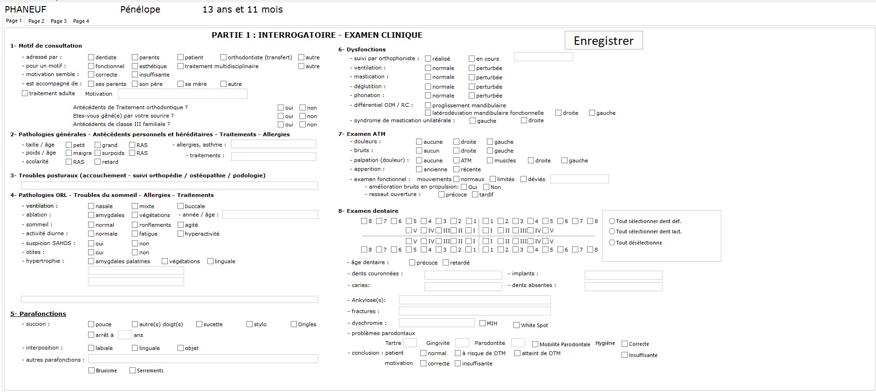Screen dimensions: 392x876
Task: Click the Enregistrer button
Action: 603,41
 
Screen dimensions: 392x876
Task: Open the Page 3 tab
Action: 59,21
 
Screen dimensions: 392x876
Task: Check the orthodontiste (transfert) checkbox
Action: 224,57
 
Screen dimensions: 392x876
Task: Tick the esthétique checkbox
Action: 135,66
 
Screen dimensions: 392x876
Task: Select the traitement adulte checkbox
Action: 25,93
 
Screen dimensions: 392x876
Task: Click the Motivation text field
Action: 182,94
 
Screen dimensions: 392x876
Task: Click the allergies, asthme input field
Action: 274,145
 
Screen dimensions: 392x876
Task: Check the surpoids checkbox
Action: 98,153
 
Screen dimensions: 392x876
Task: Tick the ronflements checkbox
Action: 135,225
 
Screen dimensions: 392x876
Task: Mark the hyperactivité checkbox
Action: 181,234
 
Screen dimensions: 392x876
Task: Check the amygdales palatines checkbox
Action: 91,261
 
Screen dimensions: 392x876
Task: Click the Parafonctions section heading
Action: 38,314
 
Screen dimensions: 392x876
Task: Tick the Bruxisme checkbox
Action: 92,371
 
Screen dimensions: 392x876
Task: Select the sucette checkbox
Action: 199,324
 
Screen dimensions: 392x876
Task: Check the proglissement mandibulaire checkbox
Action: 428,105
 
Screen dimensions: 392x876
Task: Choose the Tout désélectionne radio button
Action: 612,243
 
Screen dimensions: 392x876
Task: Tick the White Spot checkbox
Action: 516,325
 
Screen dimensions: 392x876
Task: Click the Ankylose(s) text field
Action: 474,300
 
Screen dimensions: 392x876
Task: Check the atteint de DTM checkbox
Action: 518,353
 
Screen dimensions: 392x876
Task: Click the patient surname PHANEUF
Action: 26,9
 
